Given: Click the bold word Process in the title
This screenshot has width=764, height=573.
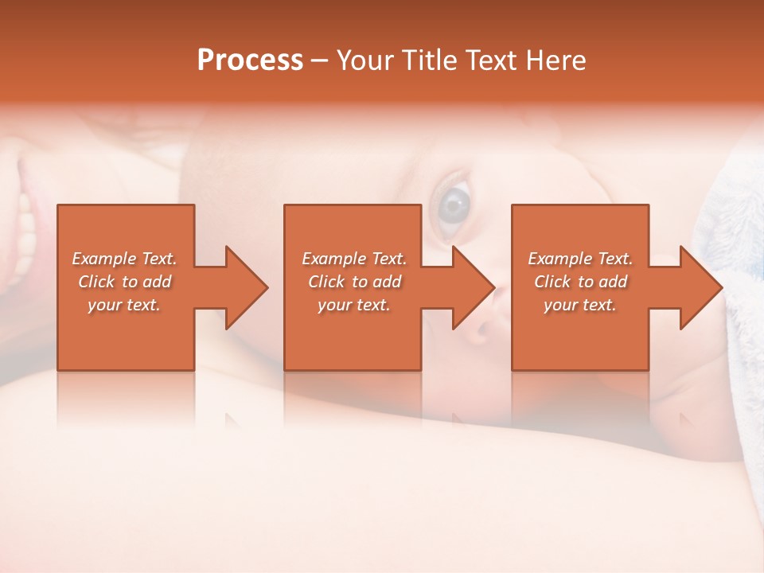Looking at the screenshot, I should (x=250, y=60).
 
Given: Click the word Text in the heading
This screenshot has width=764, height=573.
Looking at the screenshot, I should (x=491, y=60).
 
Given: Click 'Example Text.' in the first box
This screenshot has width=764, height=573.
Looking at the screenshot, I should (x=124, y=259).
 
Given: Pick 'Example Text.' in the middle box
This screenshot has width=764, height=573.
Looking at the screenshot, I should (x=354, y=259).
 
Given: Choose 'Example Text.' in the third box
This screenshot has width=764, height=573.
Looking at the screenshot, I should (x=580, y=259).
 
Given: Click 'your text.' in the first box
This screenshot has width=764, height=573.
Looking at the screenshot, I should (x=124, y=305).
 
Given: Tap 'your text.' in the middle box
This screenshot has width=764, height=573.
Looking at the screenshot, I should (x=354, y=305).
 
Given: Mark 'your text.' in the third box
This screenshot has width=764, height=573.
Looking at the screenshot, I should (x=580, y=305).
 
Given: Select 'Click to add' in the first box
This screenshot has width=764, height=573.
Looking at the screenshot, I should (x=124, y=282).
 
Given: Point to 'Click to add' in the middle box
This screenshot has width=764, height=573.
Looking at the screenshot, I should (x=354, y=282).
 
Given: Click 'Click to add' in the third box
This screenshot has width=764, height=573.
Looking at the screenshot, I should (x=580, y=282).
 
